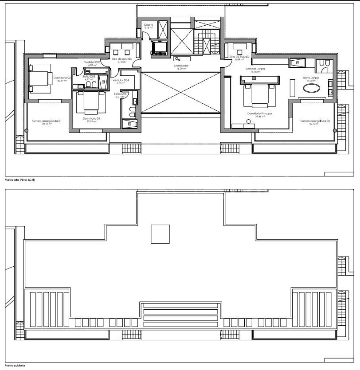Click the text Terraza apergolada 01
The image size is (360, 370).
(x=47, y=121)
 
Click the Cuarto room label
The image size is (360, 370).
(x=148, y=25)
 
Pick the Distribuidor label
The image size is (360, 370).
(x=181, y=66)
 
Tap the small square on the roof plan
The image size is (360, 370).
(x=160, y=234)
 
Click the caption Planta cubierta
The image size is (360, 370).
(x=15, y=366)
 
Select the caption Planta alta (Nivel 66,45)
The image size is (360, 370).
(x=20, y=180)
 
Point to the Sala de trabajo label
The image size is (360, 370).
(x=240, y=57)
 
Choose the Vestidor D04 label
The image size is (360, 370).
(x=121, y=80)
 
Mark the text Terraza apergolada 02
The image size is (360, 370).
(x=313, y=121)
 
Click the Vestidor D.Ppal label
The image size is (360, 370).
(x=256, y=69)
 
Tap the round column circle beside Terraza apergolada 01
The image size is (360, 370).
(x=26, y=130)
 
